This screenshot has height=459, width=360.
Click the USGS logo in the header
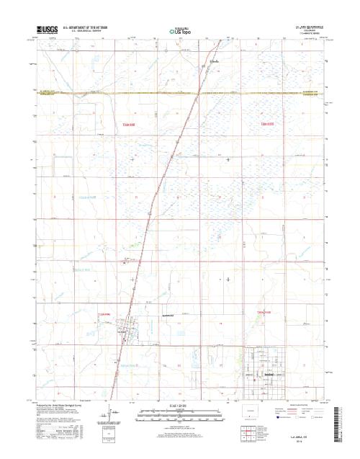coord(45,30)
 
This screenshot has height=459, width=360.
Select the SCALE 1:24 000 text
coord(179,406)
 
